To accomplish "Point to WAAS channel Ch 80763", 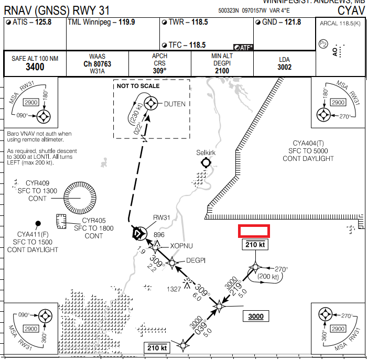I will pyautogui.click(x=97, y=64).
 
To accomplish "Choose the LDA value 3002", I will pyautogui.click(x=285, y=67).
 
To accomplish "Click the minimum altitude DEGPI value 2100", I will pyautogui.click(x=222, y=71).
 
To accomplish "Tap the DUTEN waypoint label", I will pyautogui.click(x=175, y=104).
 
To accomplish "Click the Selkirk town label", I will pyautogui.click(x=206, y=152).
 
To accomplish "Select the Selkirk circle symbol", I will pyautogui.click(x=206, y=162).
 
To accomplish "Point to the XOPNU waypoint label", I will pyautogui.click(x=181, y=246).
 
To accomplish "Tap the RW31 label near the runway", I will pyautogui.click(x=162, y=217).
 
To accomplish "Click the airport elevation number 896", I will pyautogui.click(x=159, y=235).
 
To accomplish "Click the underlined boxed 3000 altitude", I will pyautogui.click(x=256, y=316).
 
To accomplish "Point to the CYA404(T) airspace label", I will pyautogui.click(x=309, y=143).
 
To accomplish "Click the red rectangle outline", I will pyautogui.click(x=254, y=231).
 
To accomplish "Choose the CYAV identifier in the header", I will pyautogui.click(x=349, y=10).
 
